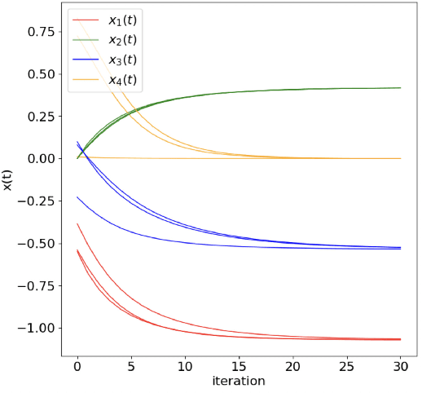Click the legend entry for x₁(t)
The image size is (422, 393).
pyautogui.click(x=123, y=20)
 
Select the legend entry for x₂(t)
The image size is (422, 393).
pyautogui.click(x=123, y=39)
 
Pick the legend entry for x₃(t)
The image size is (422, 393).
pyautogui.click(x=123, y=60)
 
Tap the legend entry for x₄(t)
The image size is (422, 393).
pyautogui.click(x=123, y=79)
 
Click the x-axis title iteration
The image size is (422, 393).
pyautogui.click(x=240, y=381)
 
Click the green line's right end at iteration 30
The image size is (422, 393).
pyautogui.click(x=401, y=88)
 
